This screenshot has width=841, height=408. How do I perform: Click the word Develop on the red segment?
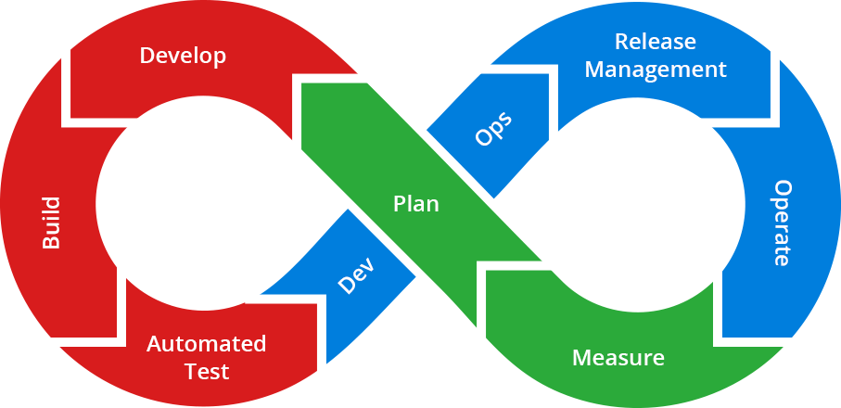(x=183, y=56)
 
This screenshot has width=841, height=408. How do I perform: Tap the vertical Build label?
(x=51, y=223)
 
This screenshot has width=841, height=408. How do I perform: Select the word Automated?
(x=206, y=344)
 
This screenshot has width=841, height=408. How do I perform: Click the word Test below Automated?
(x=206, y=372)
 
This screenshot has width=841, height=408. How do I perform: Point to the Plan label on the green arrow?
(x=416, y=204)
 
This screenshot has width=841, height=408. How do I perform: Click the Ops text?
(x=492, y=130)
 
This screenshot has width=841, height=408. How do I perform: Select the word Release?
(x=655, y=42)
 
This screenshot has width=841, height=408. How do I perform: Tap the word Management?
(x=655, y=70)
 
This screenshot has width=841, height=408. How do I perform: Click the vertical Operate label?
(x=782, y=223)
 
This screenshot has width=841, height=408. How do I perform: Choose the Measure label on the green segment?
(x=618, y=358)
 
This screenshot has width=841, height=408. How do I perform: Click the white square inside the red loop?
(x=192, y=209)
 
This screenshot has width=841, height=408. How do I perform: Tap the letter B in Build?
(x=51, y=242)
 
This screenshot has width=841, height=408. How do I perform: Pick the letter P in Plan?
(x=400, y=204)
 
